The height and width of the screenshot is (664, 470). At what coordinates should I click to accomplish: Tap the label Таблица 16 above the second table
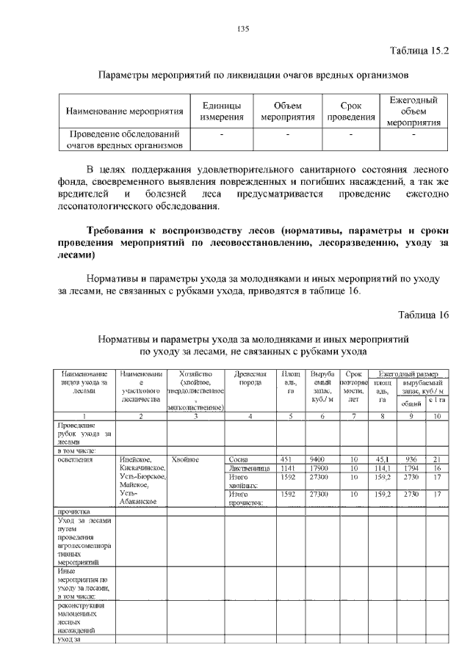coord(424,315)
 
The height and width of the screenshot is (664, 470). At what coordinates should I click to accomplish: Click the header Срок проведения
coord(351,112)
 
